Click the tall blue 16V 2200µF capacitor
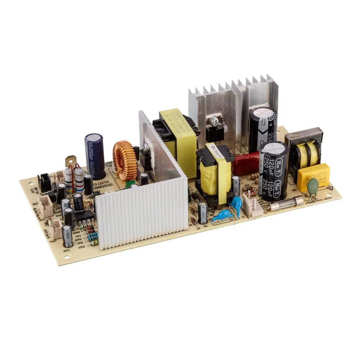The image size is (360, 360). pyautogui.click(x=95, y=156)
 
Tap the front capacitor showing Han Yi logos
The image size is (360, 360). pyautogui.click(x=274, y=170)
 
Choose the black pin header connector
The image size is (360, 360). pyautogui.click(x=45, y=182)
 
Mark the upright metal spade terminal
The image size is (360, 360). pyautogui.click(x=71, y=161)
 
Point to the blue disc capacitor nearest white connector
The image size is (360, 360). pyautogui.click(x=237, y=204)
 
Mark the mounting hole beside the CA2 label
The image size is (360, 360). pyautogui.click(x=68, y=257)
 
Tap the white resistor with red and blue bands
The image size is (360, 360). pyautogui.click(x=79, y=180)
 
